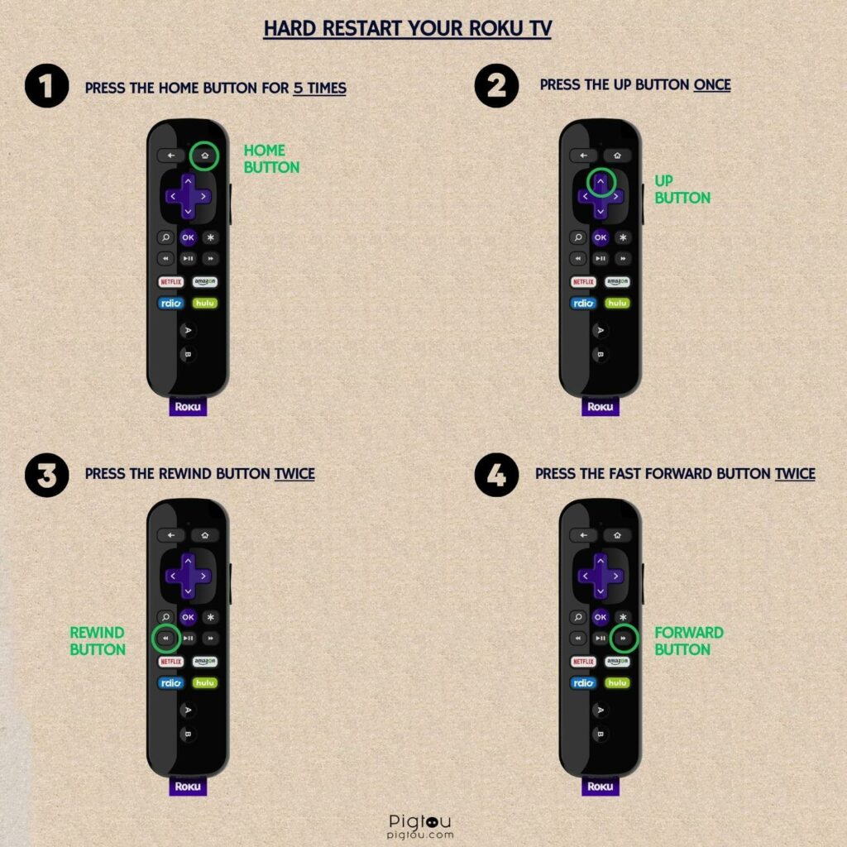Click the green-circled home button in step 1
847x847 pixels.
point(205,156)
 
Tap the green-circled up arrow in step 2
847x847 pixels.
point(601,182)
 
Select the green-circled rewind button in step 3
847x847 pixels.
point(165,638)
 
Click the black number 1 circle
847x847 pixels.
point(47,86)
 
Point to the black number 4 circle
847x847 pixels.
point(496,475)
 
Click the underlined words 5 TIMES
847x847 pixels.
point(320,88)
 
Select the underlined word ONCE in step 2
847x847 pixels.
point(712,85)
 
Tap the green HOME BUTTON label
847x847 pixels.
point(271,159)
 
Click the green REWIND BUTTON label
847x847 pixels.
point(98,641)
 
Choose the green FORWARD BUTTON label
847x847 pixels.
point(689,641)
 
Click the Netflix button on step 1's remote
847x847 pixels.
point(170,282)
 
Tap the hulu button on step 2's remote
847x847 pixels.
point(617,303)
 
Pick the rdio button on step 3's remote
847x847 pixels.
point(170,682)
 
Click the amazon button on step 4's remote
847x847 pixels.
point(617,661)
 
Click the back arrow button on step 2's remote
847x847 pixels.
point(583,156)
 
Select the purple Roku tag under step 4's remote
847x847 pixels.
point(601,786)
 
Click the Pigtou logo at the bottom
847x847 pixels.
point(419,826)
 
